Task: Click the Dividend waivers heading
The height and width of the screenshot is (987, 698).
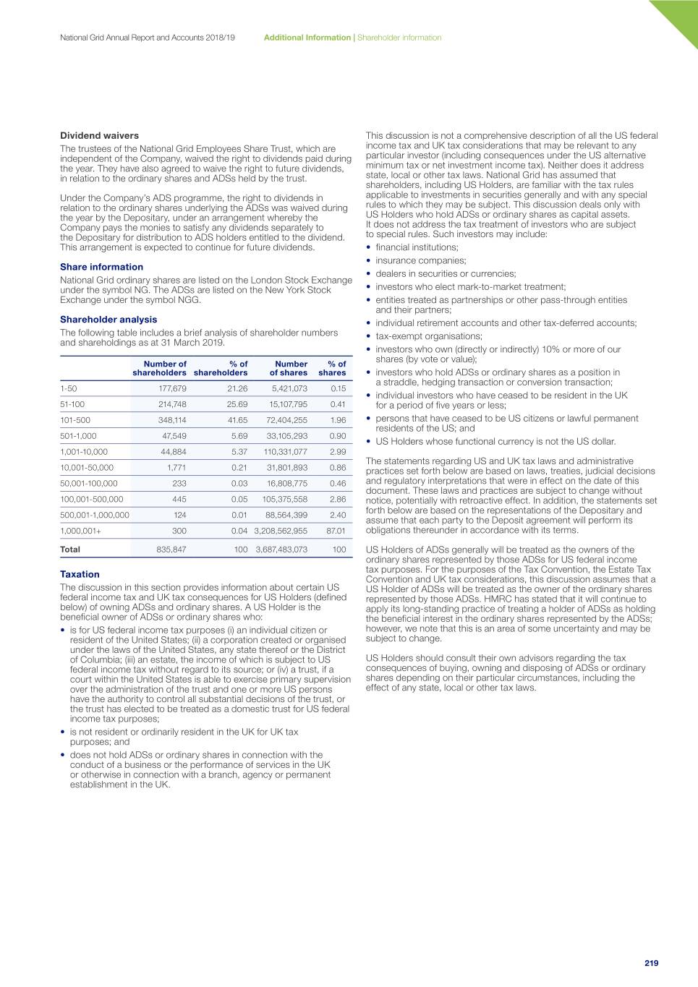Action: pos(99,135)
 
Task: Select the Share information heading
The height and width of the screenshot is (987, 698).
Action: pos(101,267)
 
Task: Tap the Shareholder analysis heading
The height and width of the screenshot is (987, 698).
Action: pos(108,320)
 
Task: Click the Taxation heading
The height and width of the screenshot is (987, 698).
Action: pos(80,574)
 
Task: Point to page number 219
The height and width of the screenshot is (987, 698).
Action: pos(651,963)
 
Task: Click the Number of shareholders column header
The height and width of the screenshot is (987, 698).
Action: pos(160,369)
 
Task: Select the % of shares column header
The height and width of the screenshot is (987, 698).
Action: pos(333,369)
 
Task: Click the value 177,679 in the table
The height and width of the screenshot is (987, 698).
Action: pos(172,388)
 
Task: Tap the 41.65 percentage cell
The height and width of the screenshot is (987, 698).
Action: pos(237,420)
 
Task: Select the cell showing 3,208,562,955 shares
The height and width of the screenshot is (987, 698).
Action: pos(281,531)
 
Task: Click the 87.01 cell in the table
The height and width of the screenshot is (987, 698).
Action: pos(336,531)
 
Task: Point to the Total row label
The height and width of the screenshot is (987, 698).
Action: pos(70,550)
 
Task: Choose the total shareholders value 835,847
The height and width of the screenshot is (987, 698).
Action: pos(171,550)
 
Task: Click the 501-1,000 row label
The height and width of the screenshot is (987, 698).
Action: pos(78,436)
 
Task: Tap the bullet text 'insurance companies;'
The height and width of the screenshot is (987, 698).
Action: pos(421,260)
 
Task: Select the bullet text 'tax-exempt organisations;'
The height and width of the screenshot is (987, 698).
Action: pos(429,336)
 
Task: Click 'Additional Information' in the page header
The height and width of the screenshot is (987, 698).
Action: pos(307,38)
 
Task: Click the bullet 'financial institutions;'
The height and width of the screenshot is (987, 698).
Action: pos(417,247)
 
